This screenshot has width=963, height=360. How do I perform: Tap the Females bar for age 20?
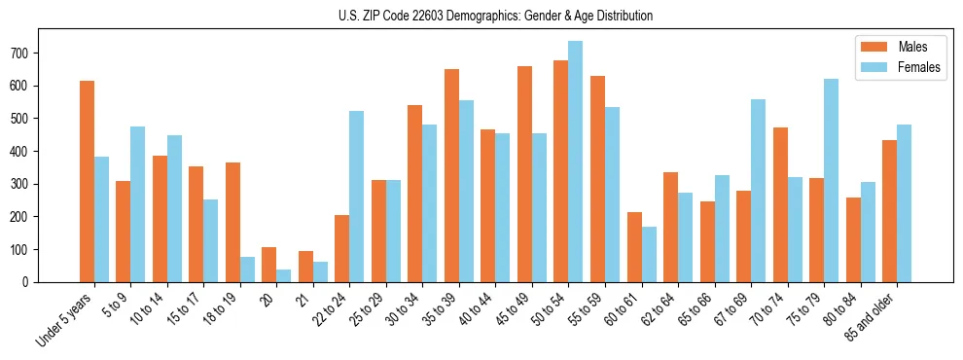click(284, 275)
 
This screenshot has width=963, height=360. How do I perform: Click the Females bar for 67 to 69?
click(758, 191)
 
